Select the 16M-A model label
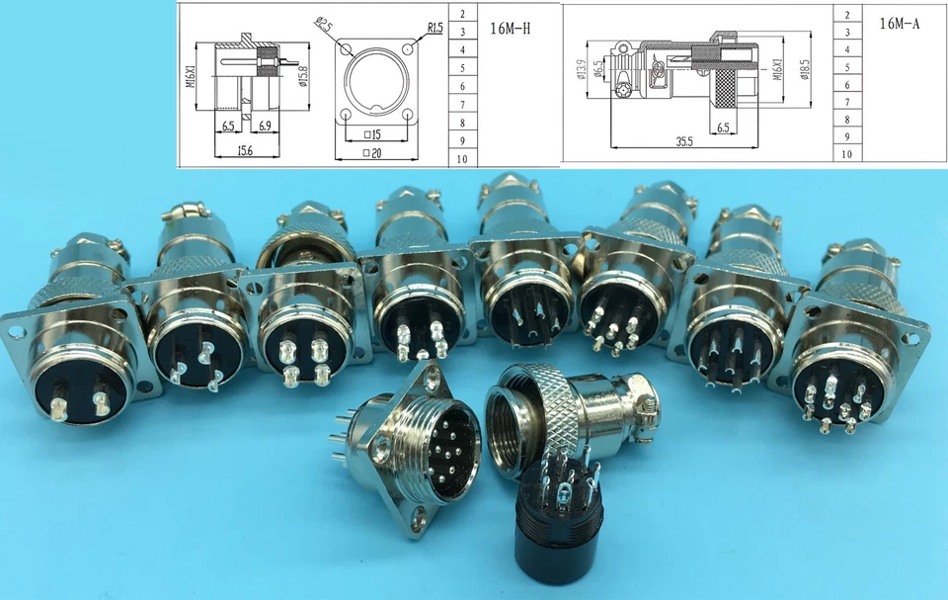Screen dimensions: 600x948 point(899,23)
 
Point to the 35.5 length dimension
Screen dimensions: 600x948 point(684,141)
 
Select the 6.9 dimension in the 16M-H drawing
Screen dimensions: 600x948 point(265,127)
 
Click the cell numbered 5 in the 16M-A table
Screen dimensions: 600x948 point(846,67)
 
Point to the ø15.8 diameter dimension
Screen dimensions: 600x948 point(302,75)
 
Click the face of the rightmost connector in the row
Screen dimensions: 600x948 point(838,386)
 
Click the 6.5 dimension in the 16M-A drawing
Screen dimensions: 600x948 point(723,128)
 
